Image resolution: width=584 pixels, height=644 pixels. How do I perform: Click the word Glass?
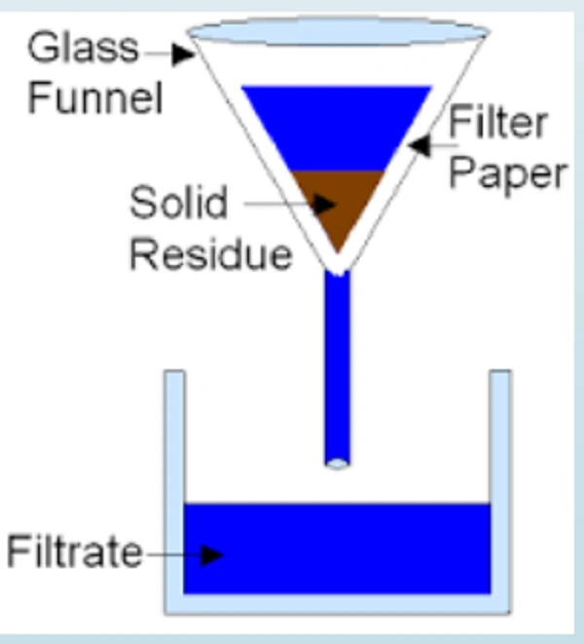click(x=83, y=48)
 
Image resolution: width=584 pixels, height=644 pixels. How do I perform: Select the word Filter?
click(x=496, y=126)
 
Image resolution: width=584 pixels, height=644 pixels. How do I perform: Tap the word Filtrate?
click(x=74, y=553)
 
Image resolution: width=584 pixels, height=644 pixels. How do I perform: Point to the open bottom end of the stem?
click(x=336, y=463)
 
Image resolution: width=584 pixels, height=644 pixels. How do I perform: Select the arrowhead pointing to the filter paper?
click(x=419, y=146)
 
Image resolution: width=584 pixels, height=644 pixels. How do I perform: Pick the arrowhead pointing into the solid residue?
click(x=328, y=205)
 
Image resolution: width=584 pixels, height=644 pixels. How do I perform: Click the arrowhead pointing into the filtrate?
click(x=212, y=554)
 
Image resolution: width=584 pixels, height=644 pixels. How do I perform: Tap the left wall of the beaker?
click(x=173, y=487)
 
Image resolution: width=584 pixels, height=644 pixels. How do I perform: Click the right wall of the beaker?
click(x=500, y=487)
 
